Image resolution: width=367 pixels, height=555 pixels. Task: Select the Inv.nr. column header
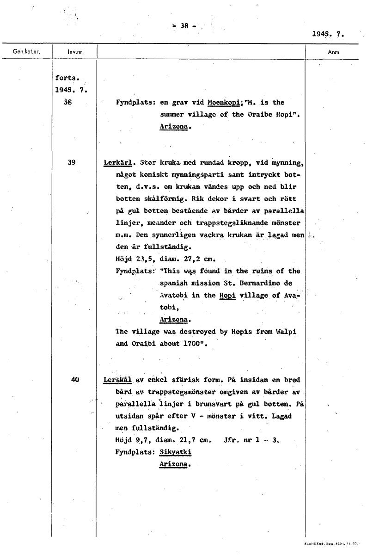click(x=74, y=52)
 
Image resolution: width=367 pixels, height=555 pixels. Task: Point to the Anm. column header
click(x=334, y=52)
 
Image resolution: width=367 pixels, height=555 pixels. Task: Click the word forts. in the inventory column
click(x=66, y=78)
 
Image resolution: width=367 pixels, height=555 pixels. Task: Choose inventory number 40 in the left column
click(x=75, y=380)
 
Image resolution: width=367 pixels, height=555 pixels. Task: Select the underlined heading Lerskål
click(x=118, y=380)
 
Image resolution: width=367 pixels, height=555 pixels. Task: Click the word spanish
click(x=173, y=283)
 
